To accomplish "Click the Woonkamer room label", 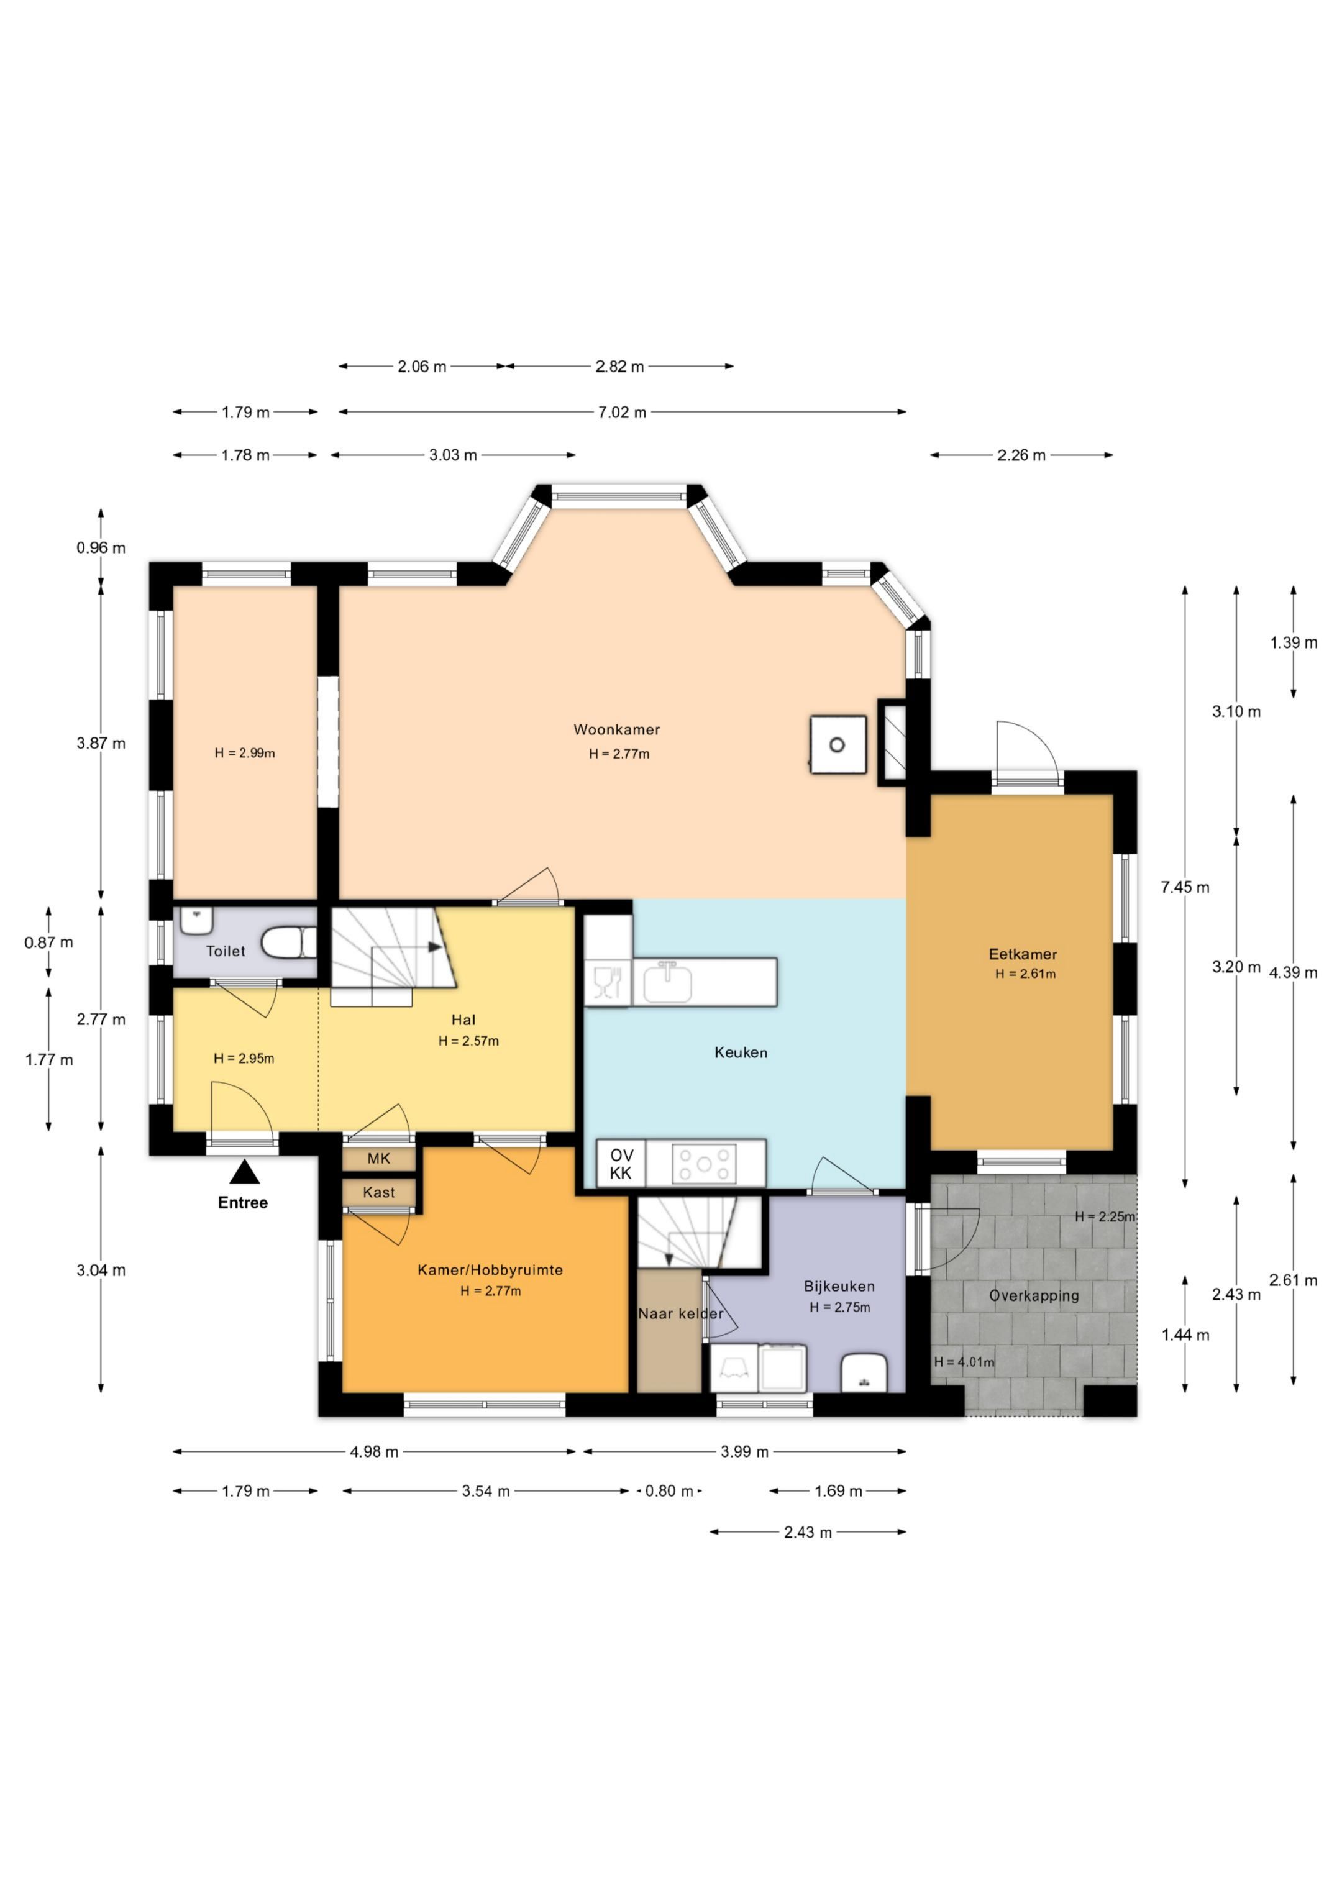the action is click(x=617, y=729).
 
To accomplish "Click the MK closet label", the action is click(x=379, y=1158).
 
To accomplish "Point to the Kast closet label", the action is click(x=379, y=1192).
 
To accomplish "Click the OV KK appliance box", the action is click(x=621, y=1163).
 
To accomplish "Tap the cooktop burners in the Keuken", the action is click(x=704, y=1164).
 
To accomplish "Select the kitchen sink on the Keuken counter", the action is click(x=667, y=983).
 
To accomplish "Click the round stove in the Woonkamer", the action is click(x=838, y=745).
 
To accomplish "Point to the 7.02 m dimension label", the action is click(x=622, y=413).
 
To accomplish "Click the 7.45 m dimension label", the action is click(x=1185, y=887).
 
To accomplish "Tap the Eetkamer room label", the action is click(x=1023, y=954).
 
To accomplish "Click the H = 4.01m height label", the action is click(x=964, y=1361).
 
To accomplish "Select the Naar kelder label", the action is click(x=680, y=1313).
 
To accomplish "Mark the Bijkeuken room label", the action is click(x=839, y=1286).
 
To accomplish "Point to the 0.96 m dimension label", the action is click(x=101, y=547).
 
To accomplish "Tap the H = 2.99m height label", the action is click(x=245, y=753).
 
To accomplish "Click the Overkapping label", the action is click(x=1034, y=1296).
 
